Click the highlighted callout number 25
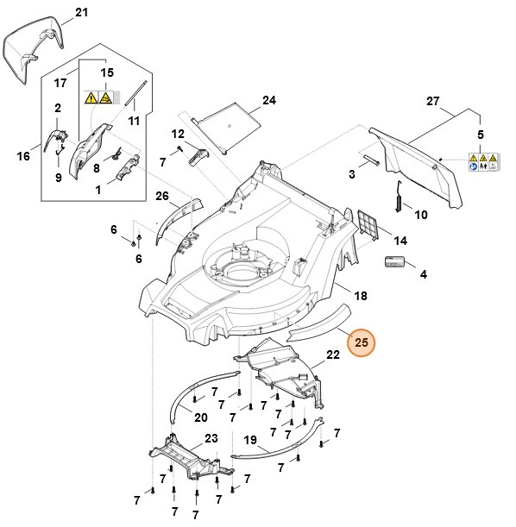[x=362, y=342]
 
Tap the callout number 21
[x=82, y=12]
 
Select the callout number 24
[x=269, y=101]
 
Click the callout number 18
[x=361, y=296]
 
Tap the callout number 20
[x=200, y=417]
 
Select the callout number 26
[x=161, y=196]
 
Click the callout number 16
[x=23, y=156]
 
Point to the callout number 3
[x=352, y=175]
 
